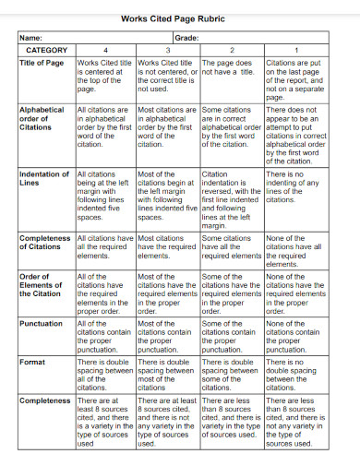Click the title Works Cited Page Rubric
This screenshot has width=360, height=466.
pyautogui.click(x=179, y=18)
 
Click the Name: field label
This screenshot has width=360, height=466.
pyautogui.click(x=31, y=38)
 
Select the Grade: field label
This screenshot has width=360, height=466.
pyautogui.click(x=186, y=38)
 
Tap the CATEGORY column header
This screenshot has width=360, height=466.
pyautogui.click(x=46, y=50)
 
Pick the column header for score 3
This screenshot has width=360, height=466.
pyautogui.click(x=167, y=50)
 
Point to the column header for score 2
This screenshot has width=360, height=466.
pyautogui.click(x=231, y=50)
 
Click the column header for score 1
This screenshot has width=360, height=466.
pyautogui.click(x=295, y=50)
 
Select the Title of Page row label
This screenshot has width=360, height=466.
pyautogui.click(x=42, y=64)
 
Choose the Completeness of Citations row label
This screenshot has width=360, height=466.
pyautogui.click(x=45, y=243)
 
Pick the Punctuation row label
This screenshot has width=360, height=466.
pyautogui.click(x=42, y=324)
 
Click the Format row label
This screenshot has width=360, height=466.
pyautogui.click(x=32, y=363)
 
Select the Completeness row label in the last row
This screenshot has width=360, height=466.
pyautogui.click(x=45, y=401)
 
